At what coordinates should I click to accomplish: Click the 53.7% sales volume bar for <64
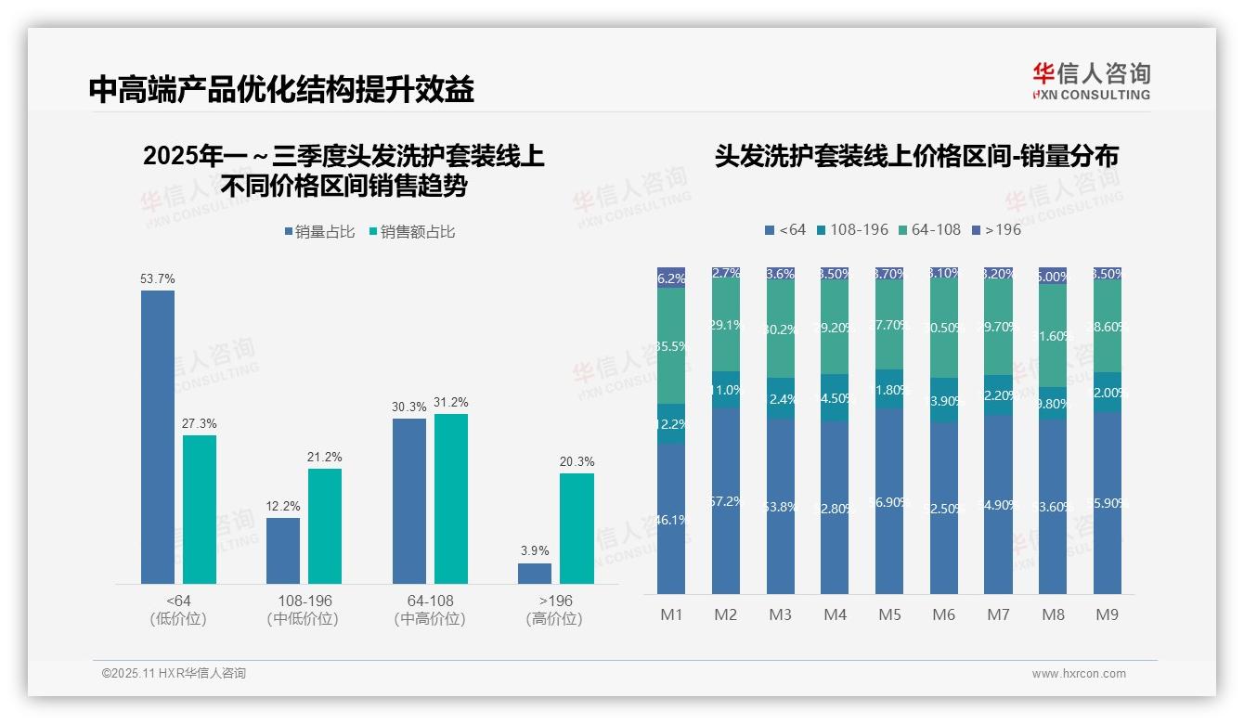pos(158,436)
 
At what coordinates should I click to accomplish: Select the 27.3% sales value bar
pos(200,509)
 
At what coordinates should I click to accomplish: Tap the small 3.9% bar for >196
pos(535,574)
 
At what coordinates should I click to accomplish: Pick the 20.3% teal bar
pos(577,528)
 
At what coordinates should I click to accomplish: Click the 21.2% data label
pos(325,457)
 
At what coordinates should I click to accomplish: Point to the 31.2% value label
pos(450,402)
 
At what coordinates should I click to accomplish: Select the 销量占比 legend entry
pos(319,232)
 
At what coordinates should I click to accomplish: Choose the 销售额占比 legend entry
pos(412,232)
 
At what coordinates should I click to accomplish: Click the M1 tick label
pos(671,614)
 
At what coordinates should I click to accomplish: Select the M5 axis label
pos(889,614)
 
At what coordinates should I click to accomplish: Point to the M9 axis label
pos(1108,614)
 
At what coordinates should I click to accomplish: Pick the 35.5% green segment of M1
pos(671,345)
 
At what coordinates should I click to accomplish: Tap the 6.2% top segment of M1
pos(671,278)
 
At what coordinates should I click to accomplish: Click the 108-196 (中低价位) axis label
pos(304,610)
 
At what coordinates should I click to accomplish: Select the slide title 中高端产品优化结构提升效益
pos(281,89)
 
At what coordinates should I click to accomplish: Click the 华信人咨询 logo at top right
pos(1091,80)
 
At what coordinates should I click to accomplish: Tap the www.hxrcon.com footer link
pos(1079,674)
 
